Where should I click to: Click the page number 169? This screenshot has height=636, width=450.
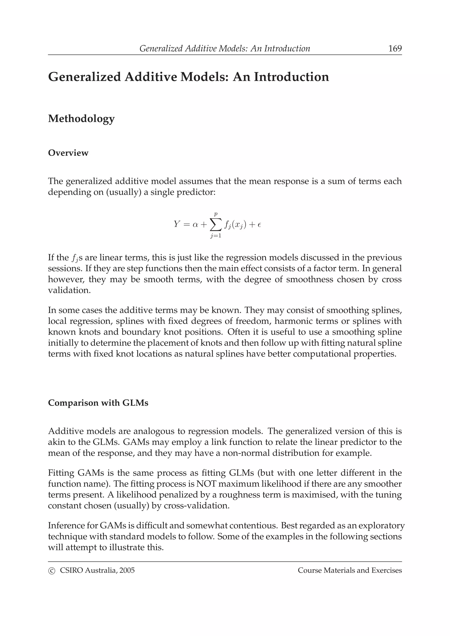[395, 49]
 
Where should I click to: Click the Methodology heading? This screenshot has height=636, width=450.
[81, 119]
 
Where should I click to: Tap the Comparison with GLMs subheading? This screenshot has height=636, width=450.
[98, 403]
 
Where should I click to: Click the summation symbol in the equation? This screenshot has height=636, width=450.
[216, 224]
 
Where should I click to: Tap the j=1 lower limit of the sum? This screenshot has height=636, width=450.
[216, 236]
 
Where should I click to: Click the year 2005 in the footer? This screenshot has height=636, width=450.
[127, 570]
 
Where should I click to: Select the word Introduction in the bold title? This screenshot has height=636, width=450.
[291, 77]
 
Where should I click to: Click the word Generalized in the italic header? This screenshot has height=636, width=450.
[161, 49]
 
